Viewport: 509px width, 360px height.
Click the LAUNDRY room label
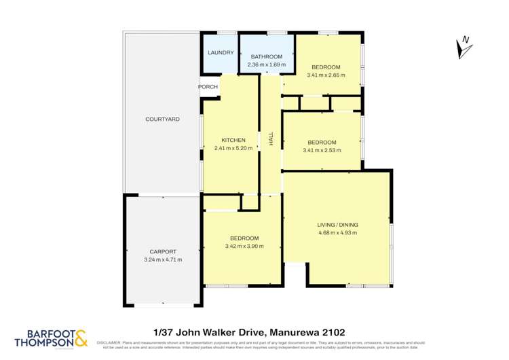point(221,53)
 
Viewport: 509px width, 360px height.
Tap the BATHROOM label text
point(266,56)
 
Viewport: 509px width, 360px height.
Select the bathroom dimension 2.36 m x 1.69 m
point(266,65)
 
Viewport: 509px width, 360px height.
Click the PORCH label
point(208,87)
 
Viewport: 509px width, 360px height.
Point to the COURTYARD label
point(162,119)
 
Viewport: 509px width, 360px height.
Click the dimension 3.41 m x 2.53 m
point(322,151)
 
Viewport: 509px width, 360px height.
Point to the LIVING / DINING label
point(337,225)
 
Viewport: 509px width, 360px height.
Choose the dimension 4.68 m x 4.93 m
point(337,233)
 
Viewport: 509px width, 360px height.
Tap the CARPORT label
point(162,251)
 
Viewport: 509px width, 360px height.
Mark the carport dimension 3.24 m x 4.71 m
point(162,259)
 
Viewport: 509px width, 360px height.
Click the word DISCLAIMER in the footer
point(109,343)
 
